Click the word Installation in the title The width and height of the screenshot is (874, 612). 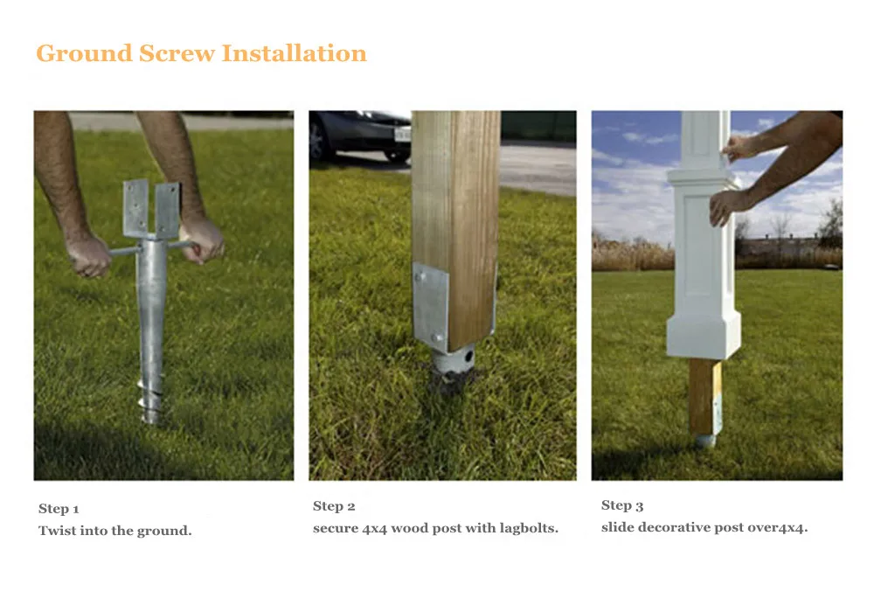tap(294, 53)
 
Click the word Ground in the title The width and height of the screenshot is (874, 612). tap(83, 53)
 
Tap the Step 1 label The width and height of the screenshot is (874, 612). tap(59, 509)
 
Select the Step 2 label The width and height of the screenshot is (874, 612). tap(334, 506)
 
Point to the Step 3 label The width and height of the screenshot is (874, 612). tap(622, 505)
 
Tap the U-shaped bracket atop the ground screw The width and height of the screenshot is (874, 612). tap(151, 210)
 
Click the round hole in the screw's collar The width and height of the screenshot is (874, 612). tap(468, 358)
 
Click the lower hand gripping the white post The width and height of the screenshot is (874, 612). tap(726, 208)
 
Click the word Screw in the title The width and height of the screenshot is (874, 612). tap(176, 53)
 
